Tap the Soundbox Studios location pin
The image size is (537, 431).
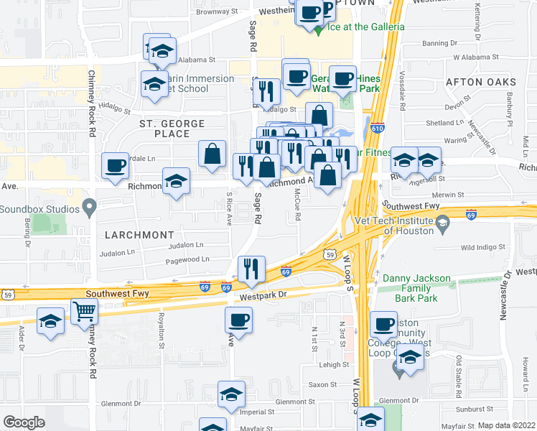pos(89,209)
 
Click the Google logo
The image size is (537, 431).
pos(24,422)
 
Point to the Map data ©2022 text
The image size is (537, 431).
pos(506,425)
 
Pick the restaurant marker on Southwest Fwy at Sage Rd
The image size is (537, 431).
pos(251,269)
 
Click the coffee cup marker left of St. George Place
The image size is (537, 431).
pos(115,166)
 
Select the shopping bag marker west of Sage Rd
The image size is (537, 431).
pos(213,154)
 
